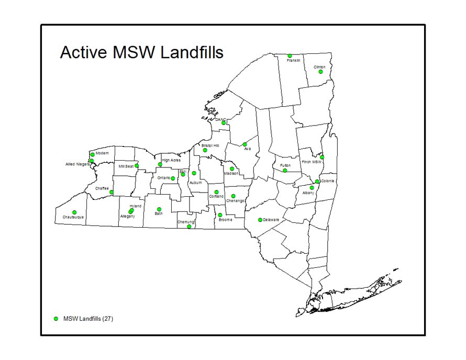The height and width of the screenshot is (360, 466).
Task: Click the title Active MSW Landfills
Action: (141, 53)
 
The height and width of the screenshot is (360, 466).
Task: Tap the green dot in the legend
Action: (56, 318)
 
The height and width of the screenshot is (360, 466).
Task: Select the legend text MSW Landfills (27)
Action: (88, 318)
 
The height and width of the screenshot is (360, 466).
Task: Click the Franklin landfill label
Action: (293, 61)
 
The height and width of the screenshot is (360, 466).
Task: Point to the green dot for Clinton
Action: (320, 72)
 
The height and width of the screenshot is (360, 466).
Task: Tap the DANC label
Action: (220, 119)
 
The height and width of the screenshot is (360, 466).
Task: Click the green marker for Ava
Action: (245, 144)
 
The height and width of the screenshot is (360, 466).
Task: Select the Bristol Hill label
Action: (210, 145)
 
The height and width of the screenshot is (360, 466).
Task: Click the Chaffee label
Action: (102, 188)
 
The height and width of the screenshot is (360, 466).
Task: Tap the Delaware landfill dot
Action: (260, 220)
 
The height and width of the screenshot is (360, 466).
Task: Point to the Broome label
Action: (225, 220)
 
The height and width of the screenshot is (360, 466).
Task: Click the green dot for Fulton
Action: (285, 171)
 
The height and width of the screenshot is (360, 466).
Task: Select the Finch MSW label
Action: (311, 162)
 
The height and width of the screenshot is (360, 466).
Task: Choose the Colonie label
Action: (327, 181)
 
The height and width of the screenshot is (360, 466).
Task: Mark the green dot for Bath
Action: (159, 209)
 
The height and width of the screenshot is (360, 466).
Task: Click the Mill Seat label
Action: (126, 166)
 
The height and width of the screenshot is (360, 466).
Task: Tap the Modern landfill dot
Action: (92, 154)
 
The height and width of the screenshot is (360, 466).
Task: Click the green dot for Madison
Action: (232, 169)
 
